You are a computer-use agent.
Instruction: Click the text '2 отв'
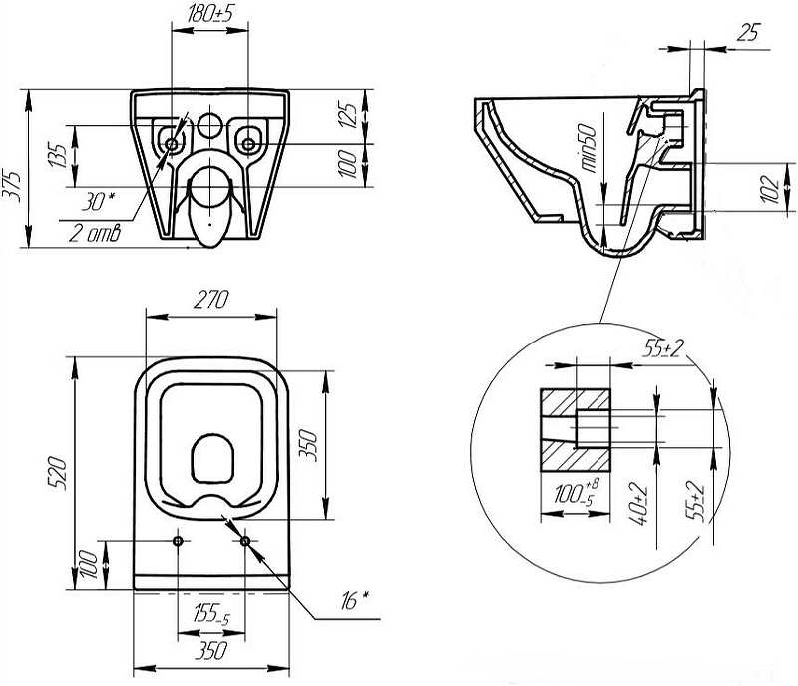(95, 235)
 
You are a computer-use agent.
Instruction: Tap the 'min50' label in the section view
(589, 149)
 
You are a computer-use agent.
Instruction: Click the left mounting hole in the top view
(178, 541)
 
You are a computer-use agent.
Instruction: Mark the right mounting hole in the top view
(245, 541)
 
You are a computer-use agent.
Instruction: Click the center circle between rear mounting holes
(209, 125)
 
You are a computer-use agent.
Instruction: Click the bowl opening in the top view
(210, 460)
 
